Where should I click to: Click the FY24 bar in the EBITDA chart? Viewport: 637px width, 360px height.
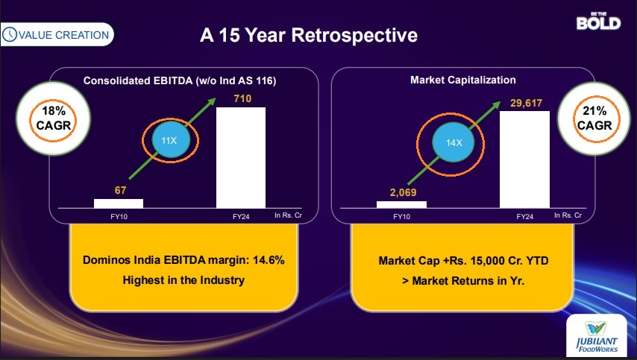pos(241,157)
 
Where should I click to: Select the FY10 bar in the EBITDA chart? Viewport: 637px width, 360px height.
pos(119,203)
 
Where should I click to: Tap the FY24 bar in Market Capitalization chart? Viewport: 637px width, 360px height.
pos(524,159)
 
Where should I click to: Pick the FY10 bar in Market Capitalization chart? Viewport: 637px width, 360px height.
pos(401,204)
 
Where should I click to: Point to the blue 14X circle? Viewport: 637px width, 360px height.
pos(453,142)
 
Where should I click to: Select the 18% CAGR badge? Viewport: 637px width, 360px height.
pos(53,119)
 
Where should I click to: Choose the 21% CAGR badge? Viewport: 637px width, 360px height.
pos(594,119)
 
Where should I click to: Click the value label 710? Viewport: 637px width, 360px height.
pos(242,98)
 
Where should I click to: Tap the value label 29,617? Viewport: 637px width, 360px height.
pos(526,103)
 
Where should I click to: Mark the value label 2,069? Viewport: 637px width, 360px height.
pos(403,192)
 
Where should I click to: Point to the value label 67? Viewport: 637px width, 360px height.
pos(120,190)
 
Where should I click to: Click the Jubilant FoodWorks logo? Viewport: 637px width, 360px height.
pos(597,337)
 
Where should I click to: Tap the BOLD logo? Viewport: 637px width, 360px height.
pos(599,22)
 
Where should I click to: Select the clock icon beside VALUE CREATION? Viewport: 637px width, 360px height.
pos(10,34)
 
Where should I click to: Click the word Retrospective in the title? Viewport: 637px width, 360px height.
pos(354,35)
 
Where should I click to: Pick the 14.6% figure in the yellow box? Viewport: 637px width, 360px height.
pos(269,260)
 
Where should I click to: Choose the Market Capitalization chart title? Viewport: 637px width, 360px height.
pos(463,80)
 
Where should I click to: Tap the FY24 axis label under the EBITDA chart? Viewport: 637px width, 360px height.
pos(241,217)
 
